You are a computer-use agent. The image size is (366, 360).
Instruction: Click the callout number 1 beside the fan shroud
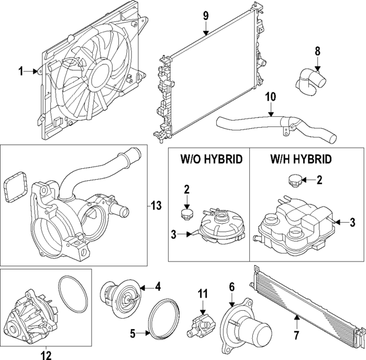(21, 72)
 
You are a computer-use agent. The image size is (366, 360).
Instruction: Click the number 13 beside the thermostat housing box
(156, 205)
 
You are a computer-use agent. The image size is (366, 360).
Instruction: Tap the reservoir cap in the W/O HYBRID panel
(188, 214)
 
